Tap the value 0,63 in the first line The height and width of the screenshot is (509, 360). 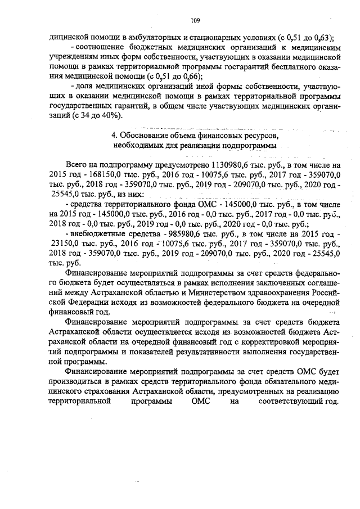click(322, 38)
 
